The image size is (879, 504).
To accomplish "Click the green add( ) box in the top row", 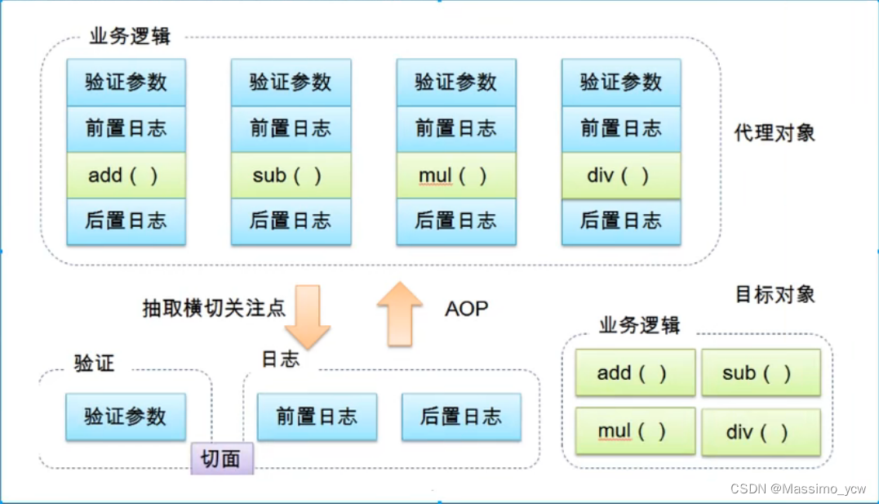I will pyautogui.click(x=126, y=176).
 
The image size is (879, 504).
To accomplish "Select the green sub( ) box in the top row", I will pyautogui.click(x=291, y=176).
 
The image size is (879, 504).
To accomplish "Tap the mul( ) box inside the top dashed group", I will pyautogui.click(x=455, y=176).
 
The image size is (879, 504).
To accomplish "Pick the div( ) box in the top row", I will pyautogui.click(x=620, y=176).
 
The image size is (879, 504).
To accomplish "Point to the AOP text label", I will pyautogui.click(x=467, y=309).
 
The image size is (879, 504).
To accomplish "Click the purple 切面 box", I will pyautogui.click(x=222, y=459).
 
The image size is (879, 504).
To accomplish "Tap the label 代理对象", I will pyautogui.click(x=775, y=133).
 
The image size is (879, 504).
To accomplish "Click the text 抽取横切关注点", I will pyautogui.click(x=214, y=309).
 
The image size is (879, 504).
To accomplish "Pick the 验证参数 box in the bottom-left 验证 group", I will pyautogui.click(x=126, y=417).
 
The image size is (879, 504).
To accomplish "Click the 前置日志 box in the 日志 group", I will pyautogui.click(x=317, y=417).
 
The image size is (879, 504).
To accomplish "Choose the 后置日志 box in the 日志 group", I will pyautogui.click(x=461, y=417).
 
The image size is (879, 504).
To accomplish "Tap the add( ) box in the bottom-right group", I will pyautogui.click(x=635, y=372).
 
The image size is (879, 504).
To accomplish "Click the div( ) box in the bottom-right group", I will pyautogui.click(x=761, y=431).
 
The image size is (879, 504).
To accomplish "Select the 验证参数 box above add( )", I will pyautogui.click(x=126, y=82).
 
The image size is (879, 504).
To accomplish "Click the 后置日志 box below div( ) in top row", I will pyautogui.click(x=620, y=221).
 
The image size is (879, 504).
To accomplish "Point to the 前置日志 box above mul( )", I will pyautogui.click(x=455, y=128).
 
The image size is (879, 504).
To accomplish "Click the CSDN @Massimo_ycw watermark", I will pyautogui.click(x=797, y=488).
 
